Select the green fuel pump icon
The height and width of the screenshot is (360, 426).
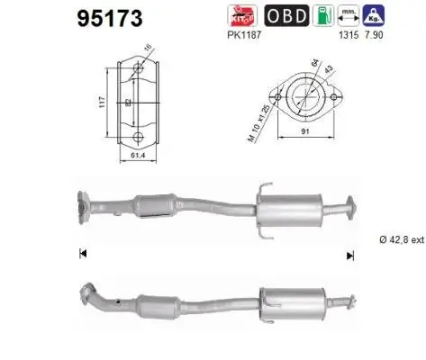coord(321,13)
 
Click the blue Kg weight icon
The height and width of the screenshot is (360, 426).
coord(373,13)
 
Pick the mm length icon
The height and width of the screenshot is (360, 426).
coord(348,13)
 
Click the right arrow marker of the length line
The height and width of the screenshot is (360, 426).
coord(349,256)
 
